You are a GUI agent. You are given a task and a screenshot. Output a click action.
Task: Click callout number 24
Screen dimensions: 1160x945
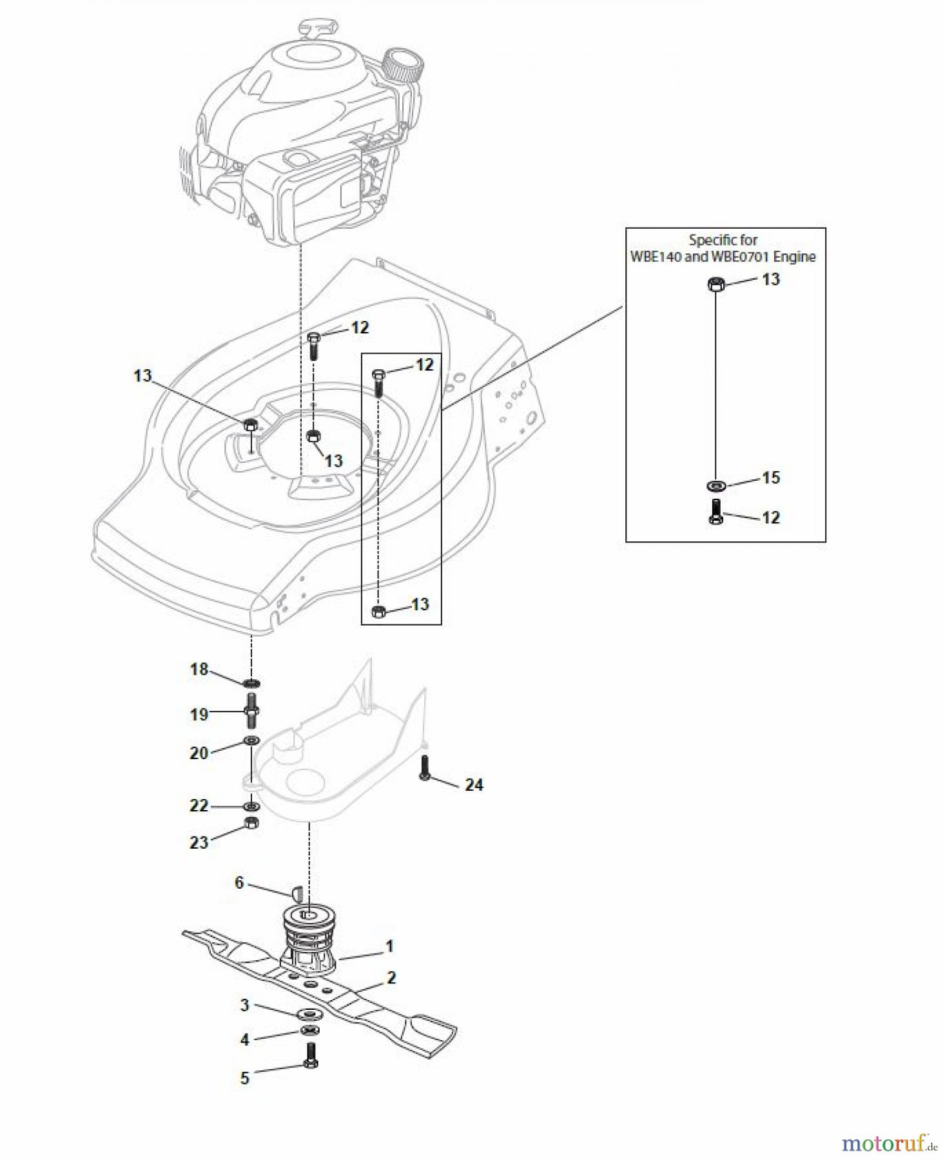tap(474, 784)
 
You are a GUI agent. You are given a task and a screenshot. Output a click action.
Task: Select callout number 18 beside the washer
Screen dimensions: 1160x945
tap(199, 670)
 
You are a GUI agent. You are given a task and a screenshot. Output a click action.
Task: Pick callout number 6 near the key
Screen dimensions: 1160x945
tap(239, 882)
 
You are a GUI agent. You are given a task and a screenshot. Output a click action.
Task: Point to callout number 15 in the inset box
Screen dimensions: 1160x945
tap(770, 478)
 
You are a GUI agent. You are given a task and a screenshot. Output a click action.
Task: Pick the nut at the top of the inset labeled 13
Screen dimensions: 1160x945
tap(715, 284)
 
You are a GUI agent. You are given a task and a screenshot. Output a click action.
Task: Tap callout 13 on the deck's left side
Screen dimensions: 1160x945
tap(142, 376)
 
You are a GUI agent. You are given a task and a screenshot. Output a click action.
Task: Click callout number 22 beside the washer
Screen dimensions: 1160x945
tap(199, 806)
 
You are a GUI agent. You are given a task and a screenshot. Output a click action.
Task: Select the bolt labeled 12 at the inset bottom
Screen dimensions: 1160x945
tap(716, 512)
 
